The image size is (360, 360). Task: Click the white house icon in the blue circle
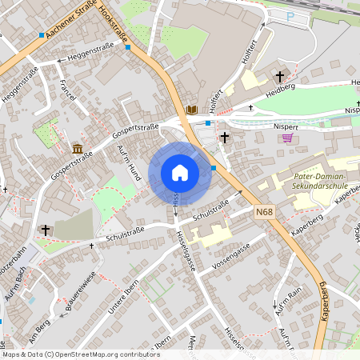coord(180,173)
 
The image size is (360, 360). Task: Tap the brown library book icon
coord(191,110)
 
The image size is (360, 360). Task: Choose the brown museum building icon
coord(78,149)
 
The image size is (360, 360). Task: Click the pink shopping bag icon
coord(286,137)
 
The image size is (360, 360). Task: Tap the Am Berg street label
coord(38,323)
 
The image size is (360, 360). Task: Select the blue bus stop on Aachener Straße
coord(42,35)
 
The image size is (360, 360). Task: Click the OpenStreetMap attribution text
coord(80,354)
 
